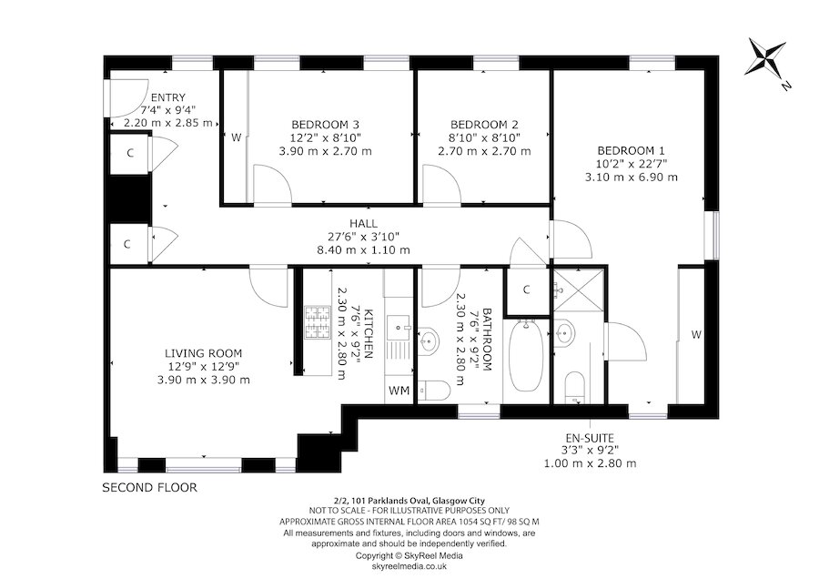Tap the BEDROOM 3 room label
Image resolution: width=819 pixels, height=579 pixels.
325,125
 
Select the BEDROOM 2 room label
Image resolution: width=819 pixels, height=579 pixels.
484,125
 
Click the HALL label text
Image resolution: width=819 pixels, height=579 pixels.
363,223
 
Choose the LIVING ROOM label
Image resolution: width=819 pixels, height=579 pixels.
204,353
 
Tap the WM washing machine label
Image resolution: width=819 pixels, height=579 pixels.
399,391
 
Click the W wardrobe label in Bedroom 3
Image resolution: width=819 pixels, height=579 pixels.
235,138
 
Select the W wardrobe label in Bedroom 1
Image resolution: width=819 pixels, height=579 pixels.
695,335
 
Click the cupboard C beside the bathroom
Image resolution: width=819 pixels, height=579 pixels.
527,290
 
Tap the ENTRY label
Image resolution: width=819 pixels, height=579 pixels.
168,98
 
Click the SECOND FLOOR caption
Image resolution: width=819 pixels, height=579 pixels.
148,487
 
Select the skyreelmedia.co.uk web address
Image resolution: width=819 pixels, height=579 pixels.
409,565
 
